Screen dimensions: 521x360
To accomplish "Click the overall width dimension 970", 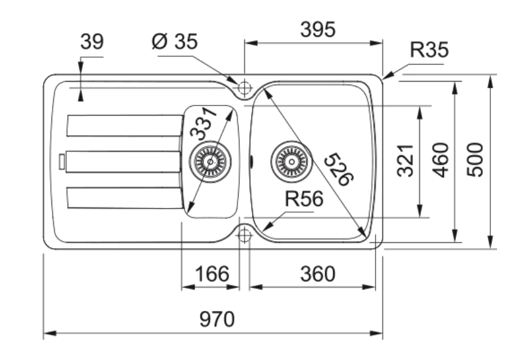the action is point(217,319).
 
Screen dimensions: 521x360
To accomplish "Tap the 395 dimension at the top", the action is point(318,29).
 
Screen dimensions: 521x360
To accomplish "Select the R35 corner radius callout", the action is point(430,50).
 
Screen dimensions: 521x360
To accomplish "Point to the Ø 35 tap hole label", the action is point(175,42).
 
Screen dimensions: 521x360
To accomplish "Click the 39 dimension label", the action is point(92,42).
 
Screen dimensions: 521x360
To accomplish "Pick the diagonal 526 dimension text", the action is point(339,169).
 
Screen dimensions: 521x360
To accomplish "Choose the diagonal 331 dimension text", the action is point(203,123).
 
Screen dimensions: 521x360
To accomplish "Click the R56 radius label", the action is point(304,199).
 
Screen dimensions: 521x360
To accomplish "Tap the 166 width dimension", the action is point(212,274).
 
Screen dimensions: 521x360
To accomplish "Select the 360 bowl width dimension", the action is point(318,274).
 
